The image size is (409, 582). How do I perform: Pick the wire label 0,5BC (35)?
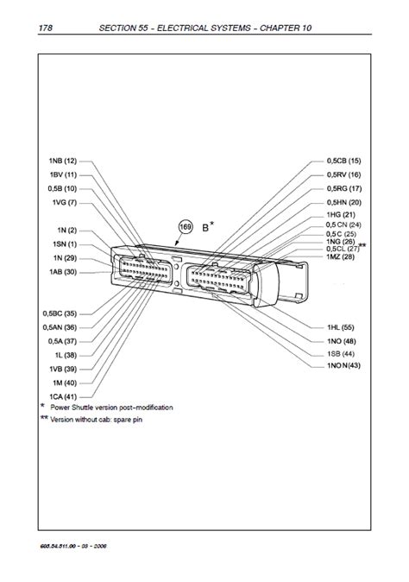(59, 313)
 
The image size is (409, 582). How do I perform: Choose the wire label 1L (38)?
(65, 355)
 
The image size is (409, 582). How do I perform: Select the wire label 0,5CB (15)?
(343, 161)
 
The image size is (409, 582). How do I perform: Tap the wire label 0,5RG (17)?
(343, 188)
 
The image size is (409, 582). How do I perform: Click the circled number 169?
(185, 227)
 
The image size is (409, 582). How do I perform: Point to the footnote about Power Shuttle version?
(111, 407)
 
